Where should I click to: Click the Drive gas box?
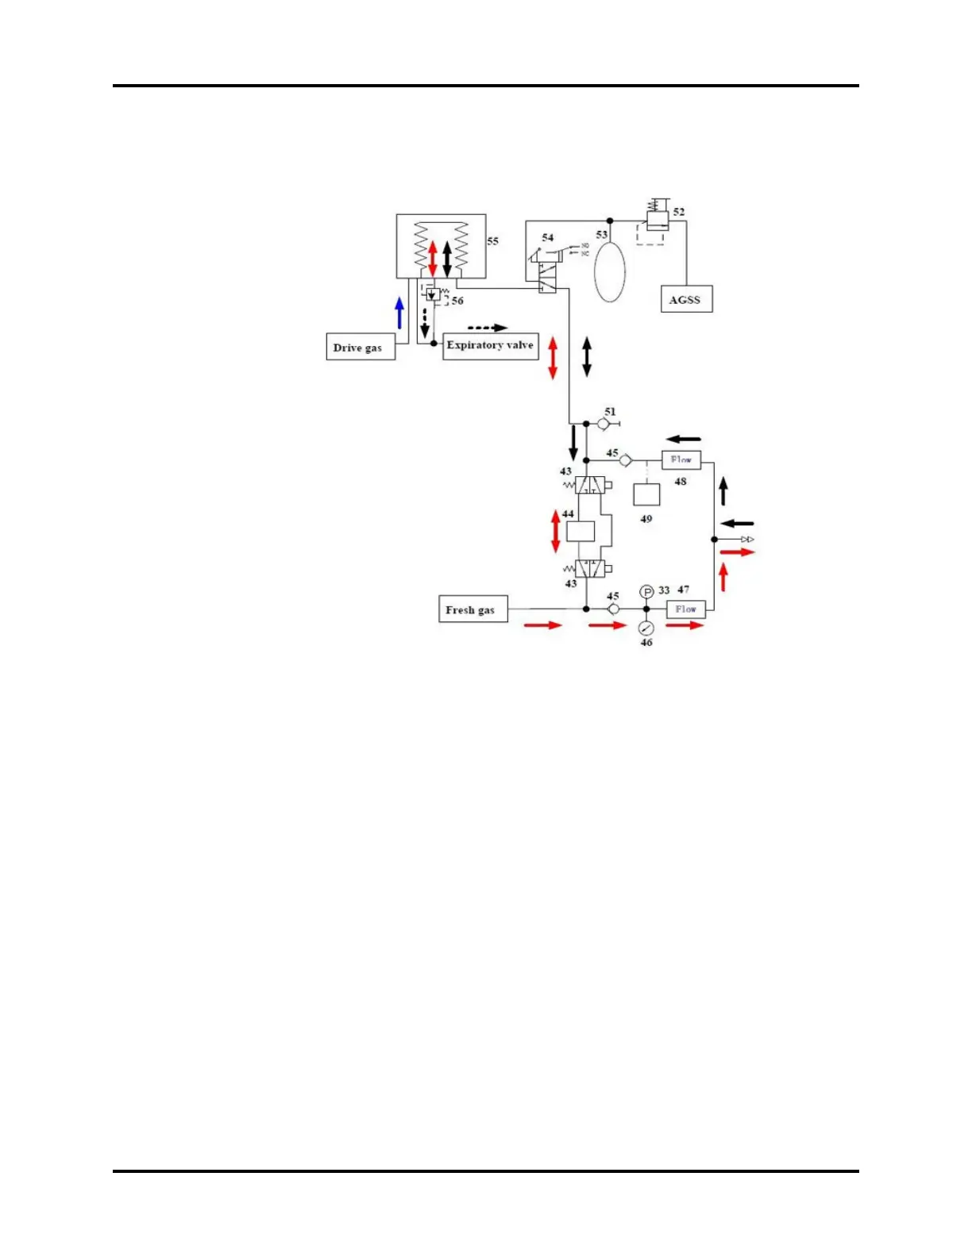[x=361, y=348]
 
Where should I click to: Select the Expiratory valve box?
[x=490, y=346]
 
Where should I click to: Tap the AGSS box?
[x=686, y=299]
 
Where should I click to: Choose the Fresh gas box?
[x=472, y=609]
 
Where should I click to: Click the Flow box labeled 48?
[x=681, y=459]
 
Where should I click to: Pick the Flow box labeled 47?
[x=685, y=609]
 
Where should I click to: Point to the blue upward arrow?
[x=399, y=313]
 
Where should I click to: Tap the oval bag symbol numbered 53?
[x=610, y=271]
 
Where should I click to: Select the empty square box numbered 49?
[x=646, y=494]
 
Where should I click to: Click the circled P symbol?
[x=646, y=592]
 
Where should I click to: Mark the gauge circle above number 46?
[x=646, y=628]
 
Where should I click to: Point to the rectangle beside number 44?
[x=580, y=532]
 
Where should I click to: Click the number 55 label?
[x=493, y=241]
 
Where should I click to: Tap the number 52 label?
[x=679, y=212]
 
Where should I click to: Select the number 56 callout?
[x=457, y=301]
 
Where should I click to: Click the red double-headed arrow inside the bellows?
[x=433, y=259]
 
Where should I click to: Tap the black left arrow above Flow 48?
[x=684, y=439]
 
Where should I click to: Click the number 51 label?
[x=610, y=412]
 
